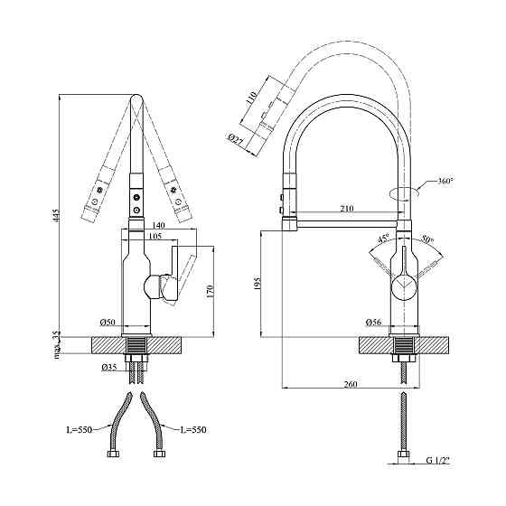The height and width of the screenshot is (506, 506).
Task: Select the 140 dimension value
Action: click(x=159, y=226)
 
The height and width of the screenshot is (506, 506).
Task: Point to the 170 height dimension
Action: click(x=211, y=292)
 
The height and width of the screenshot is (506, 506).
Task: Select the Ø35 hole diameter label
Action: click(x=108, y=368)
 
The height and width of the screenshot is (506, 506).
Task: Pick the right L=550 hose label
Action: click(x=192, y=428)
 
